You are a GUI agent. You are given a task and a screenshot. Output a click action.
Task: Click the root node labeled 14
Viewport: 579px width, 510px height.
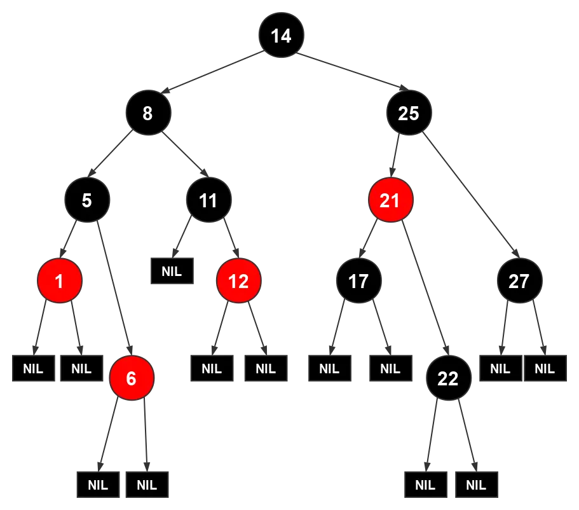pos(281,36)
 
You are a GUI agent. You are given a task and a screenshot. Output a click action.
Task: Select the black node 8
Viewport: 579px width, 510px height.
pos(147,113)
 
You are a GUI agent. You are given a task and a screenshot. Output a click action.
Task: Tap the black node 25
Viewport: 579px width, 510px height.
pos(409,113)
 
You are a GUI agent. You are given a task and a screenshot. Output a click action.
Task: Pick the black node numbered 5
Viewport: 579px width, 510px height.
pos(87,200)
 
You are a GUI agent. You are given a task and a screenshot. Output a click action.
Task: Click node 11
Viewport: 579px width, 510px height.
pos(208,200)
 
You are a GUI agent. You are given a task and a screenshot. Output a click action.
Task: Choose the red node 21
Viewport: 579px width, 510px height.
pos(390,200)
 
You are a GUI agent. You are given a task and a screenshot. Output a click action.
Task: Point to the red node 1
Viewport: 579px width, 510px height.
pos(59,280)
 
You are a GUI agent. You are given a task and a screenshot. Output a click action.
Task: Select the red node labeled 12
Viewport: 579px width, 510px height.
pos(238,280)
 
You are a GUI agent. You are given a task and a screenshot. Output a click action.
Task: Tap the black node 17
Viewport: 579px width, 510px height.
pos(358,280)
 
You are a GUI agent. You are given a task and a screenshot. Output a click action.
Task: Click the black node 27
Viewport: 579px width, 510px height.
pos(519,280)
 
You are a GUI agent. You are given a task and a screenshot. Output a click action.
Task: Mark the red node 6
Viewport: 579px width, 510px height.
pos(131,378)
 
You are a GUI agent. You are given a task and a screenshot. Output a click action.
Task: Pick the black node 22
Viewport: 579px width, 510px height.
pos(448,378)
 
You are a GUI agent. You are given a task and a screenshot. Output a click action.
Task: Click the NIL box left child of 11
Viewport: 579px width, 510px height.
pos(172,270)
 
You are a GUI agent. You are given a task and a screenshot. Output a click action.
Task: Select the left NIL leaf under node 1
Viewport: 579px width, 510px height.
pos(33,368)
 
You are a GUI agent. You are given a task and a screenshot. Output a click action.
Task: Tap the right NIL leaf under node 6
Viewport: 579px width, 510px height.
pos(147,485)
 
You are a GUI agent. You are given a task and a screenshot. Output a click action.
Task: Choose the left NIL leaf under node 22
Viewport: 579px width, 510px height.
pos(425,485)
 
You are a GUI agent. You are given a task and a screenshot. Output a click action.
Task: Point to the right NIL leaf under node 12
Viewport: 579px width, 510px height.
pos(265,368)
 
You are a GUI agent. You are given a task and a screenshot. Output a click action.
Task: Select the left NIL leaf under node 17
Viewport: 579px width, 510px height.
pos(329,368)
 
